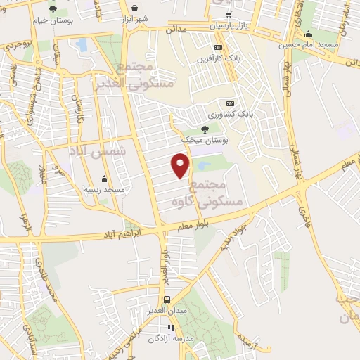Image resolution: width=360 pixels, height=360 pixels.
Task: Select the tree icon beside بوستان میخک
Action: (x=205, y=129)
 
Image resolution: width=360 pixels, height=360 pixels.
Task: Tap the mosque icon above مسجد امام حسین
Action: (x=308, y=33)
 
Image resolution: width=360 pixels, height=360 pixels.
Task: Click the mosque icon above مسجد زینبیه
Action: (x=104, y=179)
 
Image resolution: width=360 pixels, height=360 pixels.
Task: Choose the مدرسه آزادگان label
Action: (x=169, y=338)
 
